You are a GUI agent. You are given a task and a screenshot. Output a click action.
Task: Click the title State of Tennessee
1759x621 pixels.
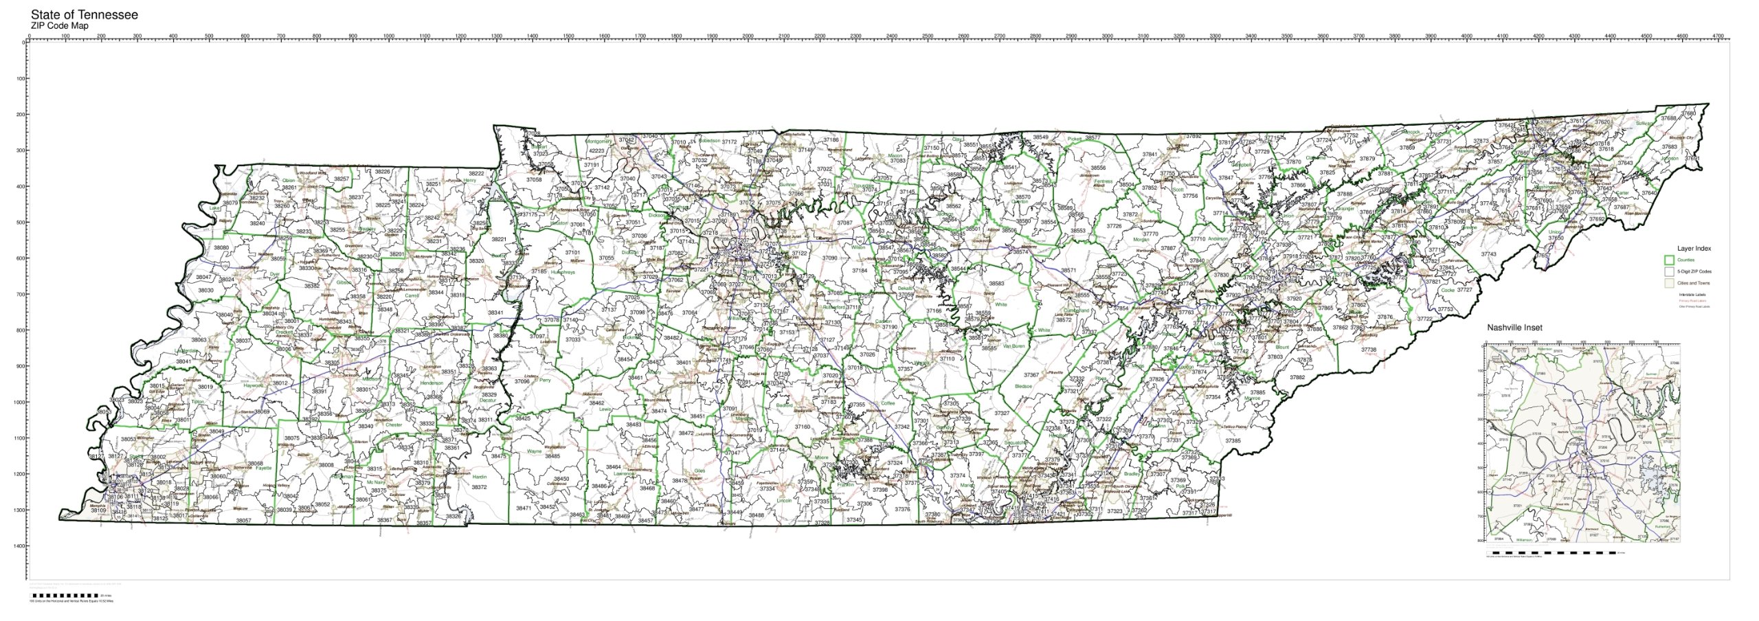click(84, 14)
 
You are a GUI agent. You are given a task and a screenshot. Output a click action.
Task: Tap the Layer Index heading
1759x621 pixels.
click(1694, 249)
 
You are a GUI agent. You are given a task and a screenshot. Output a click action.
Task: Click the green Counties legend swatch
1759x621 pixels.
click(1668, 260)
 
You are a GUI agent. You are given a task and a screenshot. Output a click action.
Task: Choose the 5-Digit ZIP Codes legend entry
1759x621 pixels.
click(1694, 272)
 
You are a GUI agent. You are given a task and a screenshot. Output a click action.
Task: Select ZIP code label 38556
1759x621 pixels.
click(1098, 168)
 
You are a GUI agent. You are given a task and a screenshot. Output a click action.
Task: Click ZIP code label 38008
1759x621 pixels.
click(326, 465)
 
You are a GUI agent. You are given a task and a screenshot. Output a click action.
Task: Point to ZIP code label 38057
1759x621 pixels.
click(244, 521)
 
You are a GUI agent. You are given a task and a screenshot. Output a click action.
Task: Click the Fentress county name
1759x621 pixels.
click(1103, 182)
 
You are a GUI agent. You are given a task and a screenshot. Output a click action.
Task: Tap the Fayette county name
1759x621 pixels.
click(263, 468)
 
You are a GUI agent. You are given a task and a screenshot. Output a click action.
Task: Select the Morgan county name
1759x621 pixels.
click(1141, 240)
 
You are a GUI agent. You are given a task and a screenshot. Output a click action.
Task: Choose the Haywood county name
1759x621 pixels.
click(254, 386)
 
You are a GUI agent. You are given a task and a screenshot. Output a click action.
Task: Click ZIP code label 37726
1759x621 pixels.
click(1114, 226)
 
